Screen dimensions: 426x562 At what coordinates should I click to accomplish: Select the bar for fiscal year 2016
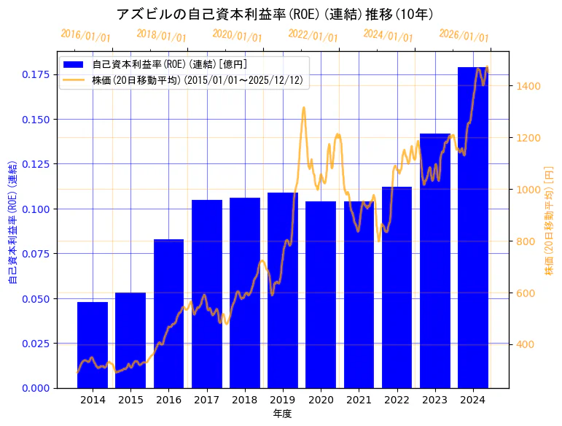168,314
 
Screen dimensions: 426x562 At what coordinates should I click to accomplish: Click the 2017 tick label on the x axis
206,400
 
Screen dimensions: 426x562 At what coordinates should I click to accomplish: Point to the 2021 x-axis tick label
359,400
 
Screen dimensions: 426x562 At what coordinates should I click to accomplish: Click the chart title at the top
281,14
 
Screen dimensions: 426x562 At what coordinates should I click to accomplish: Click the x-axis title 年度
283,414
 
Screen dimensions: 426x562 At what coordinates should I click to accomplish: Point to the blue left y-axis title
12,220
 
